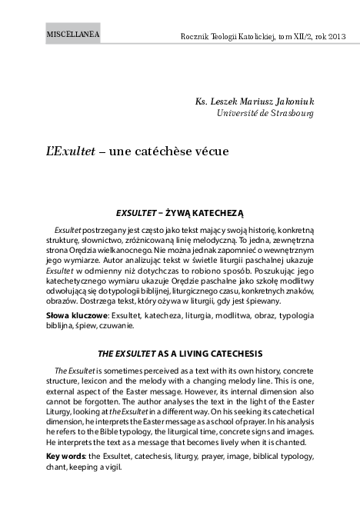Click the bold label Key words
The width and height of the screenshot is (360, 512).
click(66, 457)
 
